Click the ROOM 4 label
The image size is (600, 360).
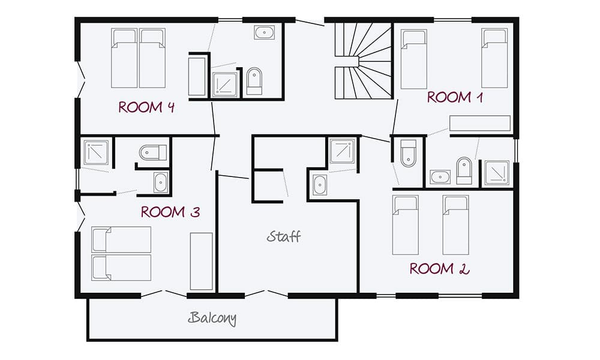click(147, 107)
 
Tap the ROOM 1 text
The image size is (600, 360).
click(455, 97)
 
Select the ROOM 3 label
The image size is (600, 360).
click(170, 212)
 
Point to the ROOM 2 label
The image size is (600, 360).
click(439, 268)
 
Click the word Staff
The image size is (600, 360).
click(284, 236)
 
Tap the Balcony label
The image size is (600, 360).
click(212, 318)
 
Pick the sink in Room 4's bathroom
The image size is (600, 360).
click(264, 32)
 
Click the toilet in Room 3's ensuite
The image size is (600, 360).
click(152, 154)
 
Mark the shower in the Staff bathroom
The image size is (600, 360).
click(342, 151)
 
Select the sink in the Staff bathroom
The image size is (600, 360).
click(320, 185)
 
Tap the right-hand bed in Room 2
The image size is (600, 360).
click(455, 224)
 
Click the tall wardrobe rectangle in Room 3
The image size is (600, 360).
click(202, 261)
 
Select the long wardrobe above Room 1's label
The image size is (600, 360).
click(479, 123)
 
